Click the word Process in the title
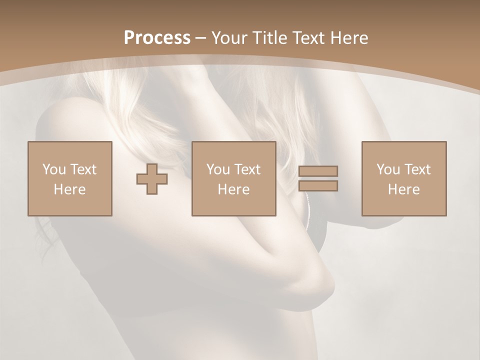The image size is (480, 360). pos(157,38)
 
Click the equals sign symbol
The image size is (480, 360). pos(318,178)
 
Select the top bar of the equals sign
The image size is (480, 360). pos(318,171)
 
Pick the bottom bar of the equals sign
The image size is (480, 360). pos(318,186)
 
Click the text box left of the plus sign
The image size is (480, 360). pos(70,178)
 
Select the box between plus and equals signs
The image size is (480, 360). pos(234,178)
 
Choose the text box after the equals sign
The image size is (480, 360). pos(404,178)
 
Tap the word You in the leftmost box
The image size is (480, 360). pos(53,169)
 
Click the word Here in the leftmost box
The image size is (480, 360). pos(70,189)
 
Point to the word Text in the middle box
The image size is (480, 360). pos(247,169)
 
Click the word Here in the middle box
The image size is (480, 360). pos(234,189)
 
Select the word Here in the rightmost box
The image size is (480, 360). pos(404,189)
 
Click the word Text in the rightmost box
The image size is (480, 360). pos(417,169)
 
